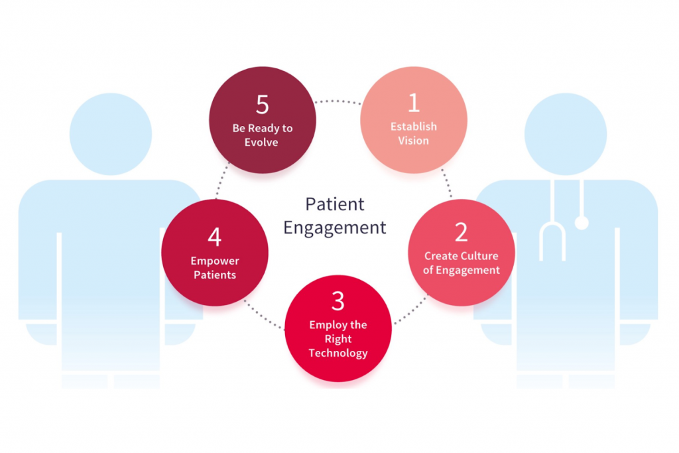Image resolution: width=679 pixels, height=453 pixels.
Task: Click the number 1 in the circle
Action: point(414,103)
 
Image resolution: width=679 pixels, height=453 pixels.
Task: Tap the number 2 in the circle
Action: point(462,232)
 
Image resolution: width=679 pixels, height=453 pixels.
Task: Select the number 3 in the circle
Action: point(338,301)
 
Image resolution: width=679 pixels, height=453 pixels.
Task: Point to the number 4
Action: point(215,237)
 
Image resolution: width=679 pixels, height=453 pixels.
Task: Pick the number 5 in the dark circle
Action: point(263,104)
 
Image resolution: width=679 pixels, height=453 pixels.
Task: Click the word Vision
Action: point(414,141)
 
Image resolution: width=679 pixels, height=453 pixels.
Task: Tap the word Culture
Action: point(479,256)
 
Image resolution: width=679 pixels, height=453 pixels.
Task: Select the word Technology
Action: point(338,354)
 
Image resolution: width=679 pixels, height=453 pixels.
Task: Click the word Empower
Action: point(215,261)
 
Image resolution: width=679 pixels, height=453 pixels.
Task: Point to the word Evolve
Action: point(261,143)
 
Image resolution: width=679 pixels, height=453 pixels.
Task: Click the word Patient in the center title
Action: point(335,204)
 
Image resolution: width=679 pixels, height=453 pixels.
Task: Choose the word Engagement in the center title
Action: point(335,227)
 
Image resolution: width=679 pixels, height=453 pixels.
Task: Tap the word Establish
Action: point(414,127)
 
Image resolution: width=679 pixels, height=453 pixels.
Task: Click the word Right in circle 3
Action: point(338,339)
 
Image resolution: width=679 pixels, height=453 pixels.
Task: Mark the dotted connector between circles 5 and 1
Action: point(338,101)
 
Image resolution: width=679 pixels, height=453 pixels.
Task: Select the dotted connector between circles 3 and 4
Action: point(264,315)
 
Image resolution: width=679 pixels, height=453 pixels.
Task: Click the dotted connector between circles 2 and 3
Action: point(411,309)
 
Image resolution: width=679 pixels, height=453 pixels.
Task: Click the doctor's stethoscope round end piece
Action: point(582,223)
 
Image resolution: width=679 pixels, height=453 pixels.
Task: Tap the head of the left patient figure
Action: point(111,134)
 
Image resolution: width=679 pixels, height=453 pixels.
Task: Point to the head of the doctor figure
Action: point(566,134)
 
